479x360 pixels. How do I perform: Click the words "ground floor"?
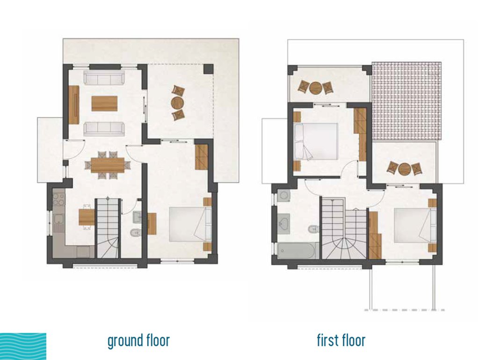pos(138,340)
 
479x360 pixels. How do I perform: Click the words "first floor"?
pos(341,340)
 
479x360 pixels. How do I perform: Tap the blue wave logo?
pos(23,346)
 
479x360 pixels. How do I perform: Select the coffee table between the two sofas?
pos(104,103)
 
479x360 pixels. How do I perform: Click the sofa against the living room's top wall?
pos(104,78)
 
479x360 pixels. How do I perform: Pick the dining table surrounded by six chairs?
pos(108,165)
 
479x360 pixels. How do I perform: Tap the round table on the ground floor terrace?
pos(177,103)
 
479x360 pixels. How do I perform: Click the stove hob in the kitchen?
pos(59,199)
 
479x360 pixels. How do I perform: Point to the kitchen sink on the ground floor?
pos(58,220)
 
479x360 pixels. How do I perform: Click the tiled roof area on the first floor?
pos(406,101)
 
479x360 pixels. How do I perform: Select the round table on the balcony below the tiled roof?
pos(405,169)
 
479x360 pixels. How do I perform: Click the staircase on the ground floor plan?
pos(108,228)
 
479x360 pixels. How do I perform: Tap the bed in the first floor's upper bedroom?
pos(316,141)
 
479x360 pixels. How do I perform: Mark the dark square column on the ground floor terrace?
pos(208,69)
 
